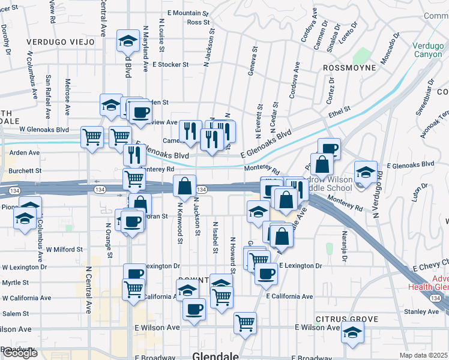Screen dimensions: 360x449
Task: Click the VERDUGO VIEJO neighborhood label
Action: (61, 42)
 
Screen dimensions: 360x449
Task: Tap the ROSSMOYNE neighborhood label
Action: (349, 68)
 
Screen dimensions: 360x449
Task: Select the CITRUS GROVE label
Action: (349, 319)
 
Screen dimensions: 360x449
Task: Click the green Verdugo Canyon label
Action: (429, 49)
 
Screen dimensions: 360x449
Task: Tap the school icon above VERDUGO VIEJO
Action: (127, 41)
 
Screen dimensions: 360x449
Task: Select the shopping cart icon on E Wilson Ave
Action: (245, 323)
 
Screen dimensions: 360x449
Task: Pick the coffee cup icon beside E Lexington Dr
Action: (266, 274)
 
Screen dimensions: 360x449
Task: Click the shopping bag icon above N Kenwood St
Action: (184, 187)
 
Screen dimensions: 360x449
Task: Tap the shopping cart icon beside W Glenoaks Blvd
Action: (92, 137)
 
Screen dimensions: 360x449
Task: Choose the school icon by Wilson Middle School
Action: (366, 172)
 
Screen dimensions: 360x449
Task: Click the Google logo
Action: (20, 353)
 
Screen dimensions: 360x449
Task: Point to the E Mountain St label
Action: (188, 13)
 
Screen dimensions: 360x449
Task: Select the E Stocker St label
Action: (170, 64)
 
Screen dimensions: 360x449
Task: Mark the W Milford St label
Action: (65, 249)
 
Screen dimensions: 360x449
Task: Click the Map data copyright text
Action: (424, 355)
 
